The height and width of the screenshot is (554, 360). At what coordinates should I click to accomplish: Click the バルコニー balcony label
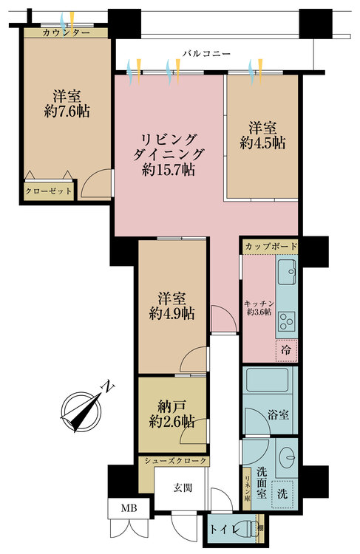(x=206, y=54)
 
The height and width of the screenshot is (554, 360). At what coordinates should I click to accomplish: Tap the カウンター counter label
(x=66, y=33)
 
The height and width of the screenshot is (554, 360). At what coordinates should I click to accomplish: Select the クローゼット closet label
(x=49, y=191)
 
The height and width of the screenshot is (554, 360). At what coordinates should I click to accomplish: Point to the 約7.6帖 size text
(x=67, y=112)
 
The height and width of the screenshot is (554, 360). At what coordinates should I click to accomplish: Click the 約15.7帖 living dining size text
(x=169, y=171)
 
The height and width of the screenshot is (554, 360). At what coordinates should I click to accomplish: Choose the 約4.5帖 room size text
(x=262, y=143)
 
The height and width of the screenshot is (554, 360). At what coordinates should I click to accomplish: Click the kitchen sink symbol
(x=287, y=272)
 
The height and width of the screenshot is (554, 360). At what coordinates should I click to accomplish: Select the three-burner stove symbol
(x=287, y=322)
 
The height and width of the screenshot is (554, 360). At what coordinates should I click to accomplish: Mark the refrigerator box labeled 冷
(x=286, y=350)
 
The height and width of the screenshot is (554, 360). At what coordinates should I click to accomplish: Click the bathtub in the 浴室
(x=268, y=380)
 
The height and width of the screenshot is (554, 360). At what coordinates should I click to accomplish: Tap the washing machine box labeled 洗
(x=282, y=493)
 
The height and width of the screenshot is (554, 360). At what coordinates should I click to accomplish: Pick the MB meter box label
(x=129, y=508)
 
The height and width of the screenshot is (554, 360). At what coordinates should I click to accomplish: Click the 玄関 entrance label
(x=183, y=488)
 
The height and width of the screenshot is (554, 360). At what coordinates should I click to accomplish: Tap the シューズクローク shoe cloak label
(x=175, y=461)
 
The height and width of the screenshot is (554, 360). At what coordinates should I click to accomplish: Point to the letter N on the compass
(x=108, y=386)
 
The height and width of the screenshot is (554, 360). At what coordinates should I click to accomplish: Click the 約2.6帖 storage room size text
(x=171, y=422)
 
